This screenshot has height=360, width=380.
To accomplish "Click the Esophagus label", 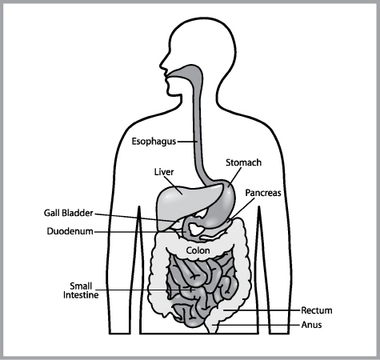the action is click(154, 142).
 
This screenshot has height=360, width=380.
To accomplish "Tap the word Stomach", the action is click(243, 162).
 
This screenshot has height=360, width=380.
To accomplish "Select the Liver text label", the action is click(164, 172).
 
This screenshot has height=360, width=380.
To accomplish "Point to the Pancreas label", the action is click(263, 193).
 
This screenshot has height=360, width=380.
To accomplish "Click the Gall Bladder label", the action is click(69, 213).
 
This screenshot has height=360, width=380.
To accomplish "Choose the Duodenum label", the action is click(70, 231).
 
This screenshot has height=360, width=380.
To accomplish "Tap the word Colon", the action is click(198, 250).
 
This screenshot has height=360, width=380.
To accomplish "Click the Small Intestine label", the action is click(81, 290).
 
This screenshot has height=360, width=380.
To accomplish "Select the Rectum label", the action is click(317, 310).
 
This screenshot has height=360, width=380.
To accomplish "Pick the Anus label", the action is click(311, 325).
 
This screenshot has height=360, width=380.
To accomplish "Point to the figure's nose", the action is click(162, 65).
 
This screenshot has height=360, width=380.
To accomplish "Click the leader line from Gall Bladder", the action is click(136, 218).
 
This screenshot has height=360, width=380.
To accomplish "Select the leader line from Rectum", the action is click(262, 310).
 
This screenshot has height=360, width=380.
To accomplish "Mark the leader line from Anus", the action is click(256, 325).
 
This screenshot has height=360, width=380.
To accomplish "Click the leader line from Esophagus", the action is click(187, 142).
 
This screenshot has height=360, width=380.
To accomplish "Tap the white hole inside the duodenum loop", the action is click(196, 230).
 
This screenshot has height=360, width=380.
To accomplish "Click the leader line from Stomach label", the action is click(235, 177).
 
